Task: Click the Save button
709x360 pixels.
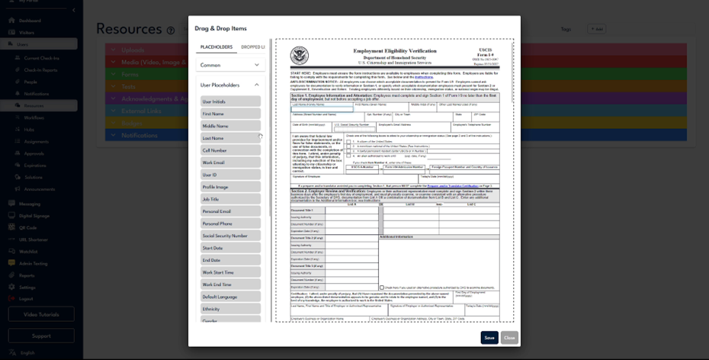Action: pos(489,337)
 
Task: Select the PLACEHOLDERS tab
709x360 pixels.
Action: pos(216,47)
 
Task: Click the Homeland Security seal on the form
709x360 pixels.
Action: pos(300,56)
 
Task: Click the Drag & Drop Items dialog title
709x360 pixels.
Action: pos(220,27)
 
